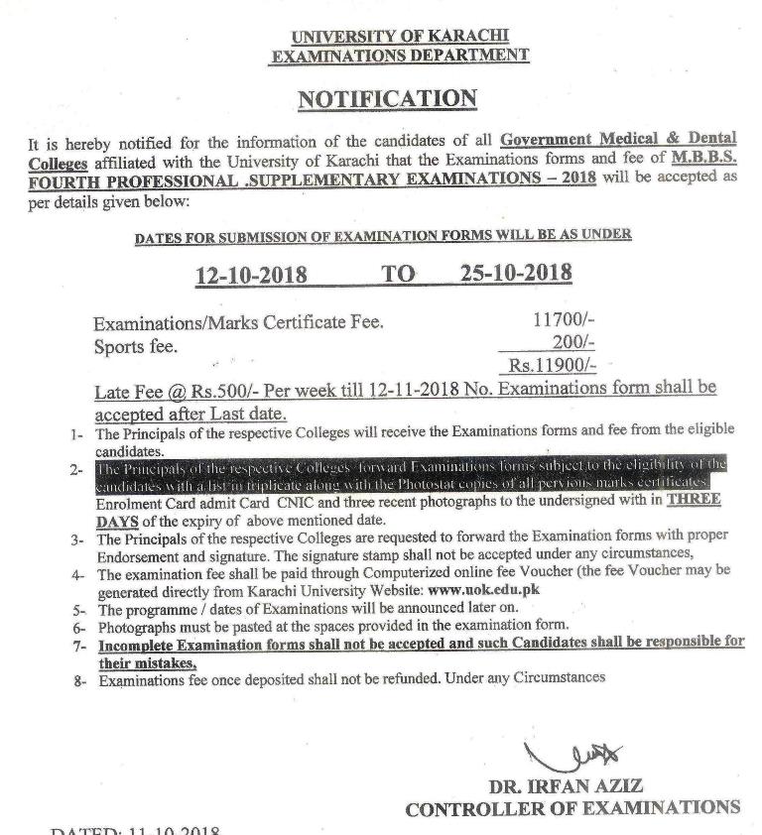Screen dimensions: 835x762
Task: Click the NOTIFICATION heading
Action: point(387,99)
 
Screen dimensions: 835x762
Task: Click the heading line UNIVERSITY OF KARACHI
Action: point(400,38)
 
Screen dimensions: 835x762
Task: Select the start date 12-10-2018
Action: point(250,275)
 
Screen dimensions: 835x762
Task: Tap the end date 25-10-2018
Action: point(516,273)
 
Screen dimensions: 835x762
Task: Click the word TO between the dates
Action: point(399,274)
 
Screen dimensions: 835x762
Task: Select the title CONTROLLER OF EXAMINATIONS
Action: point(572,808)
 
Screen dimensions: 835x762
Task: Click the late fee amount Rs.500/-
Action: point(204,390)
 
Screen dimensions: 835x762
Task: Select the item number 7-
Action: point(79,644)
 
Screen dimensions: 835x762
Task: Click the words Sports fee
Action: point(136,346)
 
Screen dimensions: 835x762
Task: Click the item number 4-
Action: point(78,575)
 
